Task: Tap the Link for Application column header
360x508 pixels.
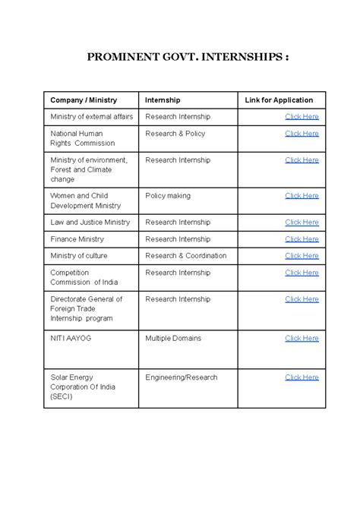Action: click(279, 100)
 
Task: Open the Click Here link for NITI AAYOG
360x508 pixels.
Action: click(302, 339)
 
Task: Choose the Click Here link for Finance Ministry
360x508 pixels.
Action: click(302, 239)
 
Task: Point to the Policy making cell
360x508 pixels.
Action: click(168, 196)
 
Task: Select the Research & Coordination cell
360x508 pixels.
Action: click(185, 256)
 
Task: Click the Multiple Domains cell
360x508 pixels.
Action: click(173, 339)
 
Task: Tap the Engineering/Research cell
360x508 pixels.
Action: click(181, 377)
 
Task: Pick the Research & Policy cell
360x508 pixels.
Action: click(175, 134)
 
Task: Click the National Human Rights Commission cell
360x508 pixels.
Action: click(82, 138)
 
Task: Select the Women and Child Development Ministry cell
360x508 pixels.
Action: click(85, 200)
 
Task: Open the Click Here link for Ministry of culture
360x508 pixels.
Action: click(302, 256)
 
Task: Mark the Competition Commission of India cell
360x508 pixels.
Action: click(81, 277)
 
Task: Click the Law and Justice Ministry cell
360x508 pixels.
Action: click(90, 222)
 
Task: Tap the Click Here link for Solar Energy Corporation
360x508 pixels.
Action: click(302, 377)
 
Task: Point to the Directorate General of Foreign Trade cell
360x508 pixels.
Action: click(86, 308)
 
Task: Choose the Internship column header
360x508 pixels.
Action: click(163, 100)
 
